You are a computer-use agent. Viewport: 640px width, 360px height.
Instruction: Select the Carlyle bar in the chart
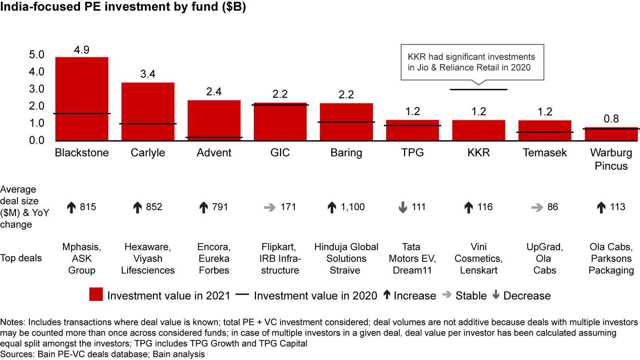[148, 111]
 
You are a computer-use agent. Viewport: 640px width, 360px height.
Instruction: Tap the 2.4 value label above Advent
[214, 92]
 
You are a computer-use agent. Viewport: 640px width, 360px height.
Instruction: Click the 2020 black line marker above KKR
[478, 89]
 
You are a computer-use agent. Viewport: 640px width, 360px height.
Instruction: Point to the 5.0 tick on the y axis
[37, 55]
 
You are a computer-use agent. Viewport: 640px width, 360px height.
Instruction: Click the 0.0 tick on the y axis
[37, 140]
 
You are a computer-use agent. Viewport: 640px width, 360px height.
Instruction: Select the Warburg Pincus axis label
[611, 160]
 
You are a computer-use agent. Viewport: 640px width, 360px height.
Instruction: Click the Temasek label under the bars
[544, 153]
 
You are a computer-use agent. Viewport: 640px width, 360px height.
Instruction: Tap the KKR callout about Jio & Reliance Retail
[472, 62]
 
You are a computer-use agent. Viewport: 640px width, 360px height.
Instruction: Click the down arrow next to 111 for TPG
[403, 207]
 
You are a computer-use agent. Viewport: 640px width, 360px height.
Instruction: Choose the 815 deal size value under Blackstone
[88, 207]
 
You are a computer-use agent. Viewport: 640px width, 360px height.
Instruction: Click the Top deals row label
[21, 258]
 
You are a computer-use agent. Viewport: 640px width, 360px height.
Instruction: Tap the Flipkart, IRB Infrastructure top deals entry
[280, 258]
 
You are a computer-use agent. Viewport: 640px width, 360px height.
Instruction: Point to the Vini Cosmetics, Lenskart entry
[478, 258]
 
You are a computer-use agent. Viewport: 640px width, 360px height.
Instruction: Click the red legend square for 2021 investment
[96, 295]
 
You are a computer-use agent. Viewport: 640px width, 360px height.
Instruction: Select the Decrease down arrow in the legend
[496, 295]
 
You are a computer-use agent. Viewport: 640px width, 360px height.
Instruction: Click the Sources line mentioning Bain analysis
[103, 354]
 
